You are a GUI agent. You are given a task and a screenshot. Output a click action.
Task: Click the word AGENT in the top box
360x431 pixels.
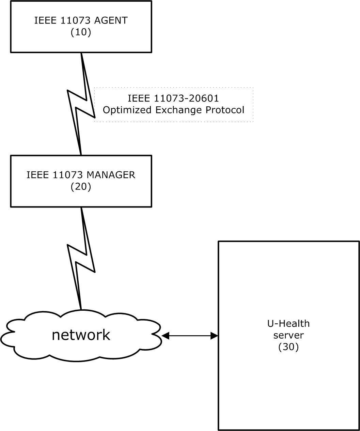coord(111,20)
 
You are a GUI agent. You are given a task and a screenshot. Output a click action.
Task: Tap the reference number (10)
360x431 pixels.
coord(81,32)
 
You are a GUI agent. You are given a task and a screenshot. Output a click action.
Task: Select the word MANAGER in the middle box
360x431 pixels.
coord(111,175)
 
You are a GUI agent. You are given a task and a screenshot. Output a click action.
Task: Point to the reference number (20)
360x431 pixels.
coord(81,187)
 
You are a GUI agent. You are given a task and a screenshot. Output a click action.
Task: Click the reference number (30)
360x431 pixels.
coord(288,347)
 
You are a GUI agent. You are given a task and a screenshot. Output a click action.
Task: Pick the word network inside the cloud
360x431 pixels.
coord(81,335)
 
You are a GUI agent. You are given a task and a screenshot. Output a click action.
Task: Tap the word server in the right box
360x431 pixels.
coord(288,335)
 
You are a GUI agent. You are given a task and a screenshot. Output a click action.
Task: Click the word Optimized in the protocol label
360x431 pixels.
coord(127,110)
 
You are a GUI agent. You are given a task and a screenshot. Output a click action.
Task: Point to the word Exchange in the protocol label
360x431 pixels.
coord(178,110)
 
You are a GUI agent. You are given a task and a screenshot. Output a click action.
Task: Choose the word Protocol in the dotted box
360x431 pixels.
coord(225,110)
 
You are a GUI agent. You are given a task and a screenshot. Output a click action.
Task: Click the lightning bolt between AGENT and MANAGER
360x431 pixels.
coord(81,104)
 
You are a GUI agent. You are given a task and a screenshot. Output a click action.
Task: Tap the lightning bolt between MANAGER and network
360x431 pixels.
coord(81,259)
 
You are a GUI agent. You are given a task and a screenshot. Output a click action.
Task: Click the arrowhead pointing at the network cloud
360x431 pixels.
coord(165,336)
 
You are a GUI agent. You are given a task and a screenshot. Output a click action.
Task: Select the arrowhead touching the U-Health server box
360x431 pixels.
coord(214,336)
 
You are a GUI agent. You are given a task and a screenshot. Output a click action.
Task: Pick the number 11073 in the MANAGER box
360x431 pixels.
coord(68,175)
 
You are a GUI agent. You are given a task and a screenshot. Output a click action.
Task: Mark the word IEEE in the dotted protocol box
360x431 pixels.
coord(139,98)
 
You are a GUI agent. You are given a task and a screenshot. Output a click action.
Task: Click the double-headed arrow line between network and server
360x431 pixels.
coord(190,336)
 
